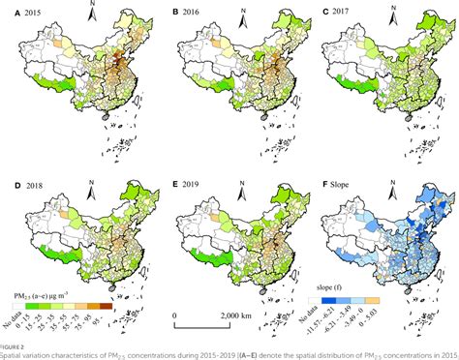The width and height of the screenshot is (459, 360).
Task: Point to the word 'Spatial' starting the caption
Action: (14, 353)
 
